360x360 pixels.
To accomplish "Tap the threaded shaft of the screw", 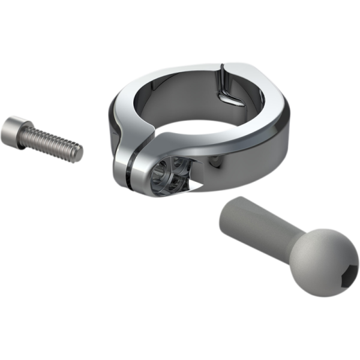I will [54, 144].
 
